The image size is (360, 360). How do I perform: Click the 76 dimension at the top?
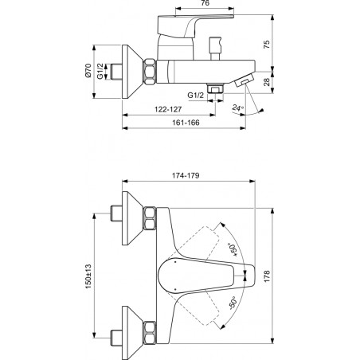205,3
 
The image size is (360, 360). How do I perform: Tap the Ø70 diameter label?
88,70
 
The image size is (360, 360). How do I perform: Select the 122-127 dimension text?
168,109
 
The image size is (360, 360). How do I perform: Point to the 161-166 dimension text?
186,123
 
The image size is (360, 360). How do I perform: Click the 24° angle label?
237,108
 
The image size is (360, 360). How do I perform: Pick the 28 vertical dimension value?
267,82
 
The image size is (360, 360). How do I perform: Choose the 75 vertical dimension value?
267,44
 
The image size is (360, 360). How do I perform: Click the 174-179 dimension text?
186,175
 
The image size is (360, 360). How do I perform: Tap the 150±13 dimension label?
88,276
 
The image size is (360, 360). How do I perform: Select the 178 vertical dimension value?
267,276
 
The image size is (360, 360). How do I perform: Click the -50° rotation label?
233,303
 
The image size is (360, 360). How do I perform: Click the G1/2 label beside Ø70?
100,71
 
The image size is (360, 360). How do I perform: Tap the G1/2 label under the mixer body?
196,95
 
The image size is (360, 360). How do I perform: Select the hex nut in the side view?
150,72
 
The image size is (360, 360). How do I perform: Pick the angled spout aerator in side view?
245,80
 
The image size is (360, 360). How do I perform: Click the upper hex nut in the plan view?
150,218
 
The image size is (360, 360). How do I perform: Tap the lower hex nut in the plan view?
150,333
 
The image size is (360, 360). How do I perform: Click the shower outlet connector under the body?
215,88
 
